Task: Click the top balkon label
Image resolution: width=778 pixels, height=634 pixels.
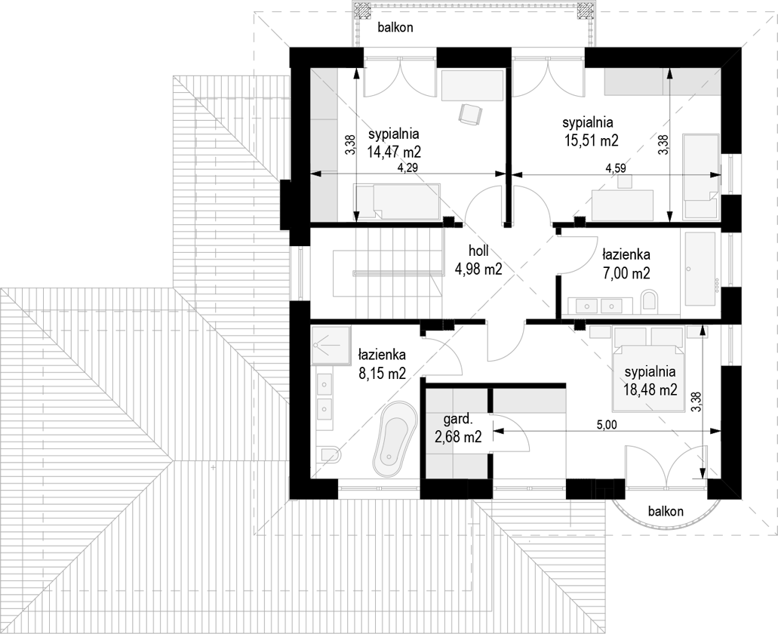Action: pyautogui.click(x=395, y=27)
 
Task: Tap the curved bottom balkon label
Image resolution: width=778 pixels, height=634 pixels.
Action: pyautogui.click(x=666, y=511)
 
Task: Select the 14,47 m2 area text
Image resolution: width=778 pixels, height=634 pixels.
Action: pyautogui.click(x=394, y=151)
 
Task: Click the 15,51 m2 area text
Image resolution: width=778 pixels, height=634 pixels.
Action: pyautogui.click(x=591, y=140)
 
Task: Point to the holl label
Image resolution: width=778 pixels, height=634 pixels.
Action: pyautogui.click(x=478, y=251)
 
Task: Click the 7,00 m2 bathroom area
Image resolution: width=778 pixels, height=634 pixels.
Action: pyautogui.click(x=626, y=273)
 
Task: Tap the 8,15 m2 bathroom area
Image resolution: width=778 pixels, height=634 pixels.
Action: pyautogui.click(x=382, y=373)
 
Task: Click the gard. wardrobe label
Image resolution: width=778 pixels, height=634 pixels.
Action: pyautogui.click(x=457, y=420)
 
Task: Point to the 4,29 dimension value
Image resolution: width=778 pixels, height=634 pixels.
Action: pyautogui.click(x=407, y=168)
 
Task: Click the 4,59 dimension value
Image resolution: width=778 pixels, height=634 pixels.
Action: pyautogui.click(x=615, y=168)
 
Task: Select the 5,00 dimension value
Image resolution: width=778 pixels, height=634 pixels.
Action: pyautogui.click(x=607, y=425)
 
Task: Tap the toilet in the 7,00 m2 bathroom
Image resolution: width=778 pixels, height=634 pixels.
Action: pyautogui.click(x=650, y=301)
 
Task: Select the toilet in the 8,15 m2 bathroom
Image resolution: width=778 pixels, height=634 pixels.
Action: pyautogui.click(x=330, y=455)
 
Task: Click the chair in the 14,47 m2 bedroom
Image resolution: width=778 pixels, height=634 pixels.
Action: pyautogui.click(x=470, y=114)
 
